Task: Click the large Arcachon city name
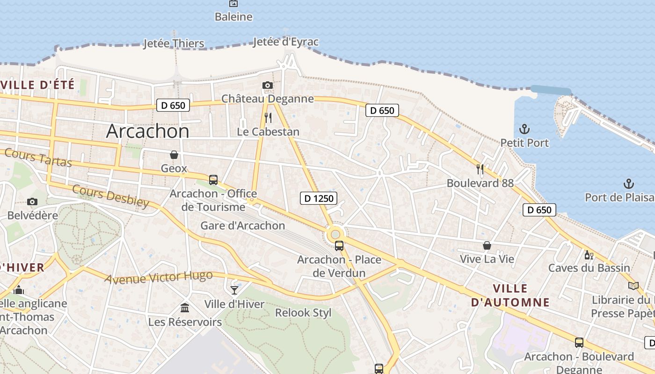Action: [x=148, y=131]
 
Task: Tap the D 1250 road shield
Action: [x=318, y=198]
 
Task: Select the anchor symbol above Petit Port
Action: [x=524, y=129]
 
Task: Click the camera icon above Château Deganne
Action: [x=268, y=85]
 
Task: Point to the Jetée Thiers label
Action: [x=174, y=43]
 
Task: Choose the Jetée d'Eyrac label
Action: [x=285, y=42]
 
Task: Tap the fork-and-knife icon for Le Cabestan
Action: [x=268, y=117]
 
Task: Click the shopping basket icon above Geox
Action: [x=174, y=154]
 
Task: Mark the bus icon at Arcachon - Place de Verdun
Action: [x=339, y=245]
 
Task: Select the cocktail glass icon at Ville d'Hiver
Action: [x=234, y=290]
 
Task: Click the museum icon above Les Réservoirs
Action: [x=185, y=308]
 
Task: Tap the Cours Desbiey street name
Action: [x=111, y=196]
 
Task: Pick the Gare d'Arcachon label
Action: [x=242, y=225]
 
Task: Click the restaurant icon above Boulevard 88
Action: [x=480, y=169]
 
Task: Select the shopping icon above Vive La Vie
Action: [x=487, y=245]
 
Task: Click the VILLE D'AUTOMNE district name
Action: [x=510, y=295]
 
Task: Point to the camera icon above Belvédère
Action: [x=32, y=201]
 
